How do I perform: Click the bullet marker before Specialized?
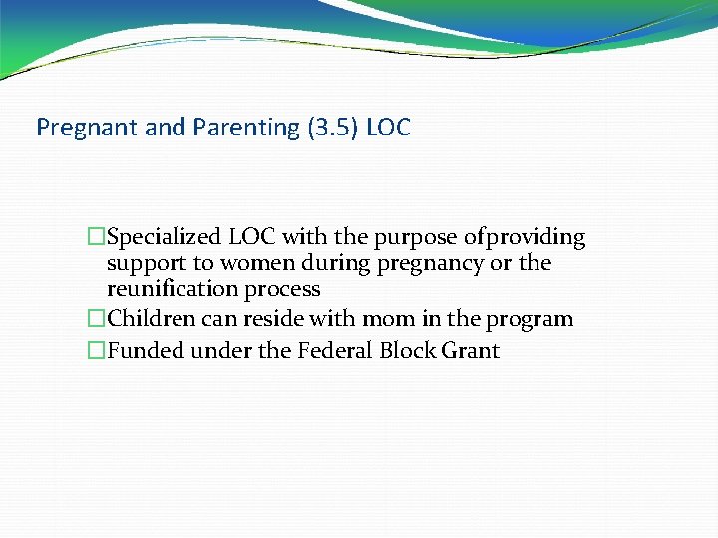pos(96,238)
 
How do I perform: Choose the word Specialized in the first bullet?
pos(166,238)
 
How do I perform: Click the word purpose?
pos(416,238)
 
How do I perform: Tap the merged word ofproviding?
pos(525,238)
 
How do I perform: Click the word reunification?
pos(172,290)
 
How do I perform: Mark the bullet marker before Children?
pos(96,320)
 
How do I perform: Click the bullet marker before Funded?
pos(96,351)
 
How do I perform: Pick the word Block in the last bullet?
pos(408,351)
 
